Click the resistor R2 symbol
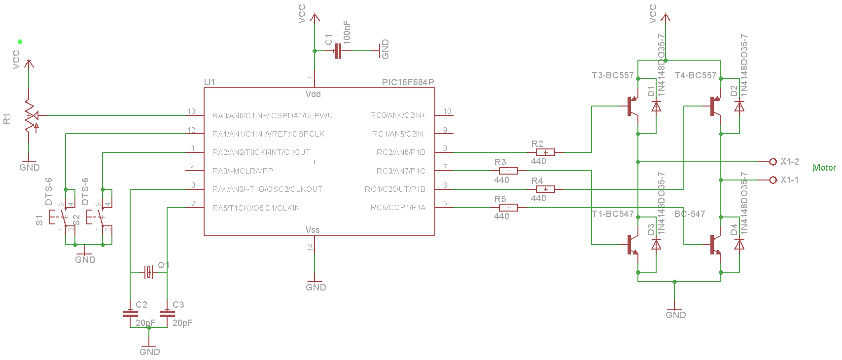pyautogui.click(x=545, y=152)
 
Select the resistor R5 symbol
pyautogui.click(x=508, y=208)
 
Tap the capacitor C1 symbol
pyautogui.click(x=338, y=51)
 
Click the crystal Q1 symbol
pyautogui.click(x=149, y=272)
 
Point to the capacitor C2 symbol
pyautogui.click(x=130, y=314)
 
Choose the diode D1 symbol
pyautogui.click(x=656, y=107)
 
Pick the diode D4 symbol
pyautogui.click(x=739, y=244)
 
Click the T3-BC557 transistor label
pyautogui.click(x=612, y=75)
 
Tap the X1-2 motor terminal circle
pyautogui.click(x=773, y=162)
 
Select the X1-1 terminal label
pyautogui.click(x=790, y=180)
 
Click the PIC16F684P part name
pyautogui.click(x=408, y=82)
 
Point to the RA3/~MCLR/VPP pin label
pyautogui.click(x=243, y=171)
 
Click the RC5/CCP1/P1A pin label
pyautogui.click(x=398, y=208)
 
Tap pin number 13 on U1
pyautogui.click(x=191, y=111)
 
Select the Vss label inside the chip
pyautogui.click(x=313, y=230)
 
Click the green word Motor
pyautogui.click(x=824, y=168)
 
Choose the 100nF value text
pyautogui.click(x=347, y=33)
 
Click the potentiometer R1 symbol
pyautogui.click(x=30, y=115)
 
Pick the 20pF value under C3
pyautogui.click(x=182, y=323)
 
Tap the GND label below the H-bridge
pyautogui.click(x=675, y=315)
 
